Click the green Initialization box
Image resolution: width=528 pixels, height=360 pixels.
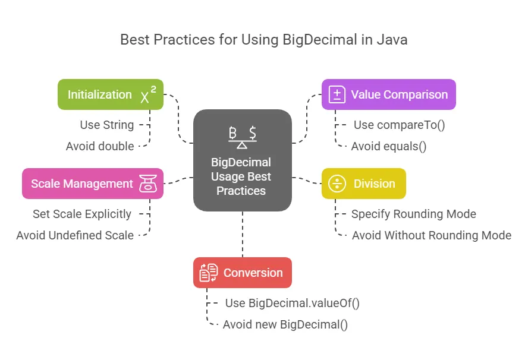point(111,94)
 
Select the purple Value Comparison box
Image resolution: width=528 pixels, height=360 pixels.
point(389,94)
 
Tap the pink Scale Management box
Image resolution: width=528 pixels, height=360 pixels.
point(93,184)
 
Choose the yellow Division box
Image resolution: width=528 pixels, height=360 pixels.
point(364,184)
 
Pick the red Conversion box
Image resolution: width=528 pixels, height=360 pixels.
point(243,273)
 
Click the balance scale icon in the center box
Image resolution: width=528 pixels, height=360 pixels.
point(243,137)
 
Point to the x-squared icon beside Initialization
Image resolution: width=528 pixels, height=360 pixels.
point(148,94)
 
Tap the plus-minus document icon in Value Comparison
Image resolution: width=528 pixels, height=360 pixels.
point(337,94)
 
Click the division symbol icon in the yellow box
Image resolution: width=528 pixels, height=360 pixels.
point(337,184)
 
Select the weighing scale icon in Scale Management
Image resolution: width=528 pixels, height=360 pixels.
point(148,184)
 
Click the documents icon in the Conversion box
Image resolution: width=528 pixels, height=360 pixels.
point(209,273)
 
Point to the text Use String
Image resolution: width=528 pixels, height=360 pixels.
point(107,125)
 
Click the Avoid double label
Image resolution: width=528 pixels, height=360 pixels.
point(100,146)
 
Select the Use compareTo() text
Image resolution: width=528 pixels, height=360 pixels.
point(400,125)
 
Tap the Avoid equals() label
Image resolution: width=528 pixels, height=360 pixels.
point(389,146)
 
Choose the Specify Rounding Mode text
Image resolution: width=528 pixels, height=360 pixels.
point(414,214)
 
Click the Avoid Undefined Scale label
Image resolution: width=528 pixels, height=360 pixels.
point(75,235)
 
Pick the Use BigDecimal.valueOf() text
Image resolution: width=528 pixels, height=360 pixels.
point(293,303)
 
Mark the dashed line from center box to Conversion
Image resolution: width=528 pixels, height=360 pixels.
point(243,235)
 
